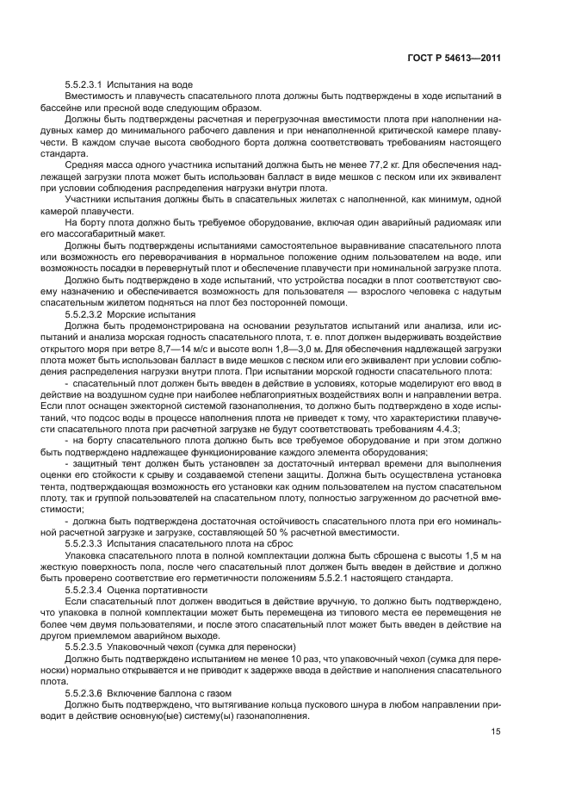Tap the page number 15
click(496, 733)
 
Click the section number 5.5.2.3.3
click(83, 544)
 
